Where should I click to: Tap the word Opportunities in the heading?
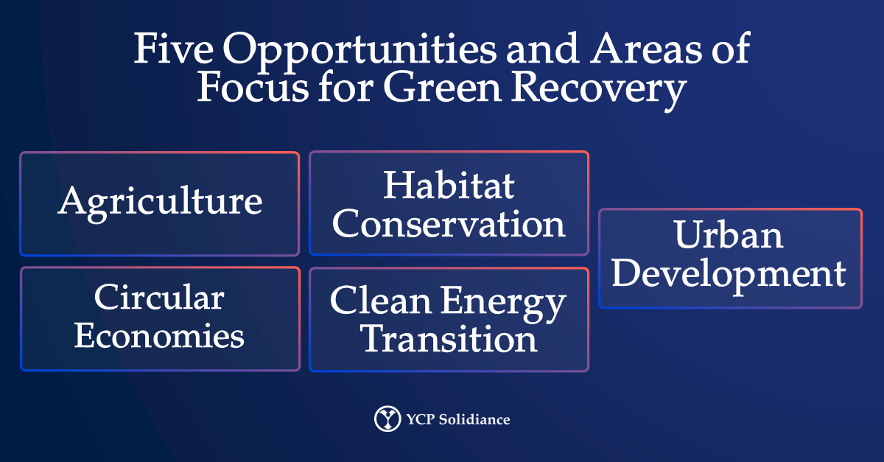click(359, 52)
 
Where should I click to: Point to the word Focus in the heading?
click(253, 87)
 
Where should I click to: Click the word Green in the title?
click(443, 87)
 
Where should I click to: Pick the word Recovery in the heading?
click(599, 91)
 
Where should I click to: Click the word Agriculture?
click(160, 204)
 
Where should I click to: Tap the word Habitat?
click(449, 185)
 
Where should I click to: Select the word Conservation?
click(449, 223)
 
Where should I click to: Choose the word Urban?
click(729, 234)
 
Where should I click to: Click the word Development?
click(729, 276)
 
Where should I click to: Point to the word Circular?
click(159, 297)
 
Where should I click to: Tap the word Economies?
click(159, 336)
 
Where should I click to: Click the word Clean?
click(381, 300)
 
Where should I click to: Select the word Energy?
click(503, 304)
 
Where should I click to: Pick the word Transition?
click(449, 338)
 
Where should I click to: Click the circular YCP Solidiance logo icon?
click(387, 419)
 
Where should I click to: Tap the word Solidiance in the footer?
click(474, 419)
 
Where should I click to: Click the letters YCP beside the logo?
click(421, 419)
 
